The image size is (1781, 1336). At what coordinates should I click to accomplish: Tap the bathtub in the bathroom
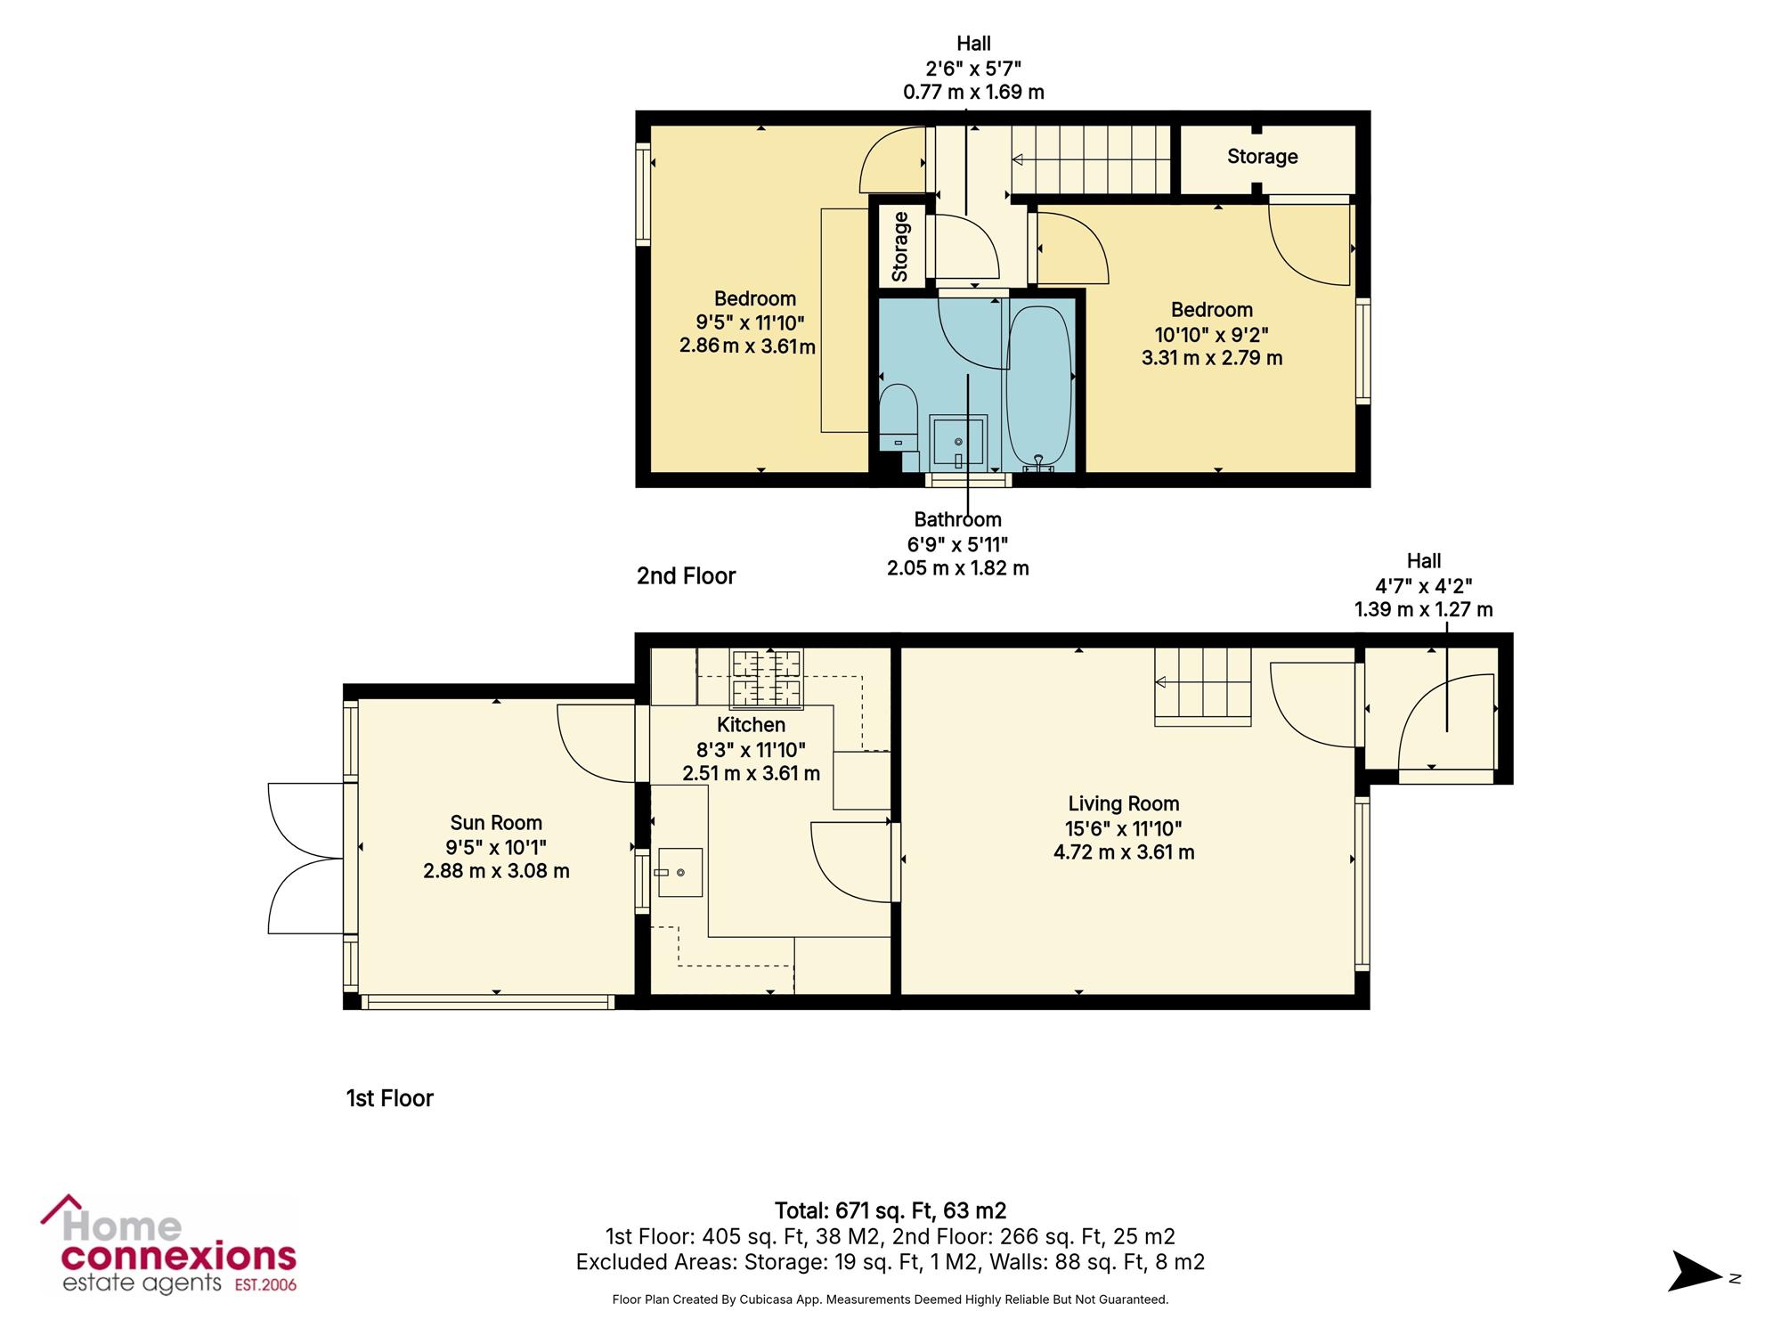point(1038,388)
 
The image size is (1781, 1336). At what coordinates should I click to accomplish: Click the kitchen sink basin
point(679,872)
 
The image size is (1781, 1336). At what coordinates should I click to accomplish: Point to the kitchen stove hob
point(767,680)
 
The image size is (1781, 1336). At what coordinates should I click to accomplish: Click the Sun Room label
point(496,823)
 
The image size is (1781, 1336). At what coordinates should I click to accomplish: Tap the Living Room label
point(1124,804)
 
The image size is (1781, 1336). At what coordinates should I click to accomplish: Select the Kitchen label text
point(752,725)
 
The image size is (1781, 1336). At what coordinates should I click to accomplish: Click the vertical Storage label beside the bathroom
point(900,247)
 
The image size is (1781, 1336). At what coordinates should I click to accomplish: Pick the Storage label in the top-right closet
point(1262,157)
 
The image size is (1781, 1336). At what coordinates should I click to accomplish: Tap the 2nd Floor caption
point(686,576)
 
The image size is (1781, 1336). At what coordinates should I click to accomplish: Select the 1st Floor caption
point(390,1098)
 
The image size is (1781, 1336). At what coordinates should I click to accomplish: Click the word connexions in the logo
point(178,1256)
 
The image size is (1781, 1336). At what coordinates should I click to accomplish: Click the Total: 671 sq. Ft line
point(890,1210)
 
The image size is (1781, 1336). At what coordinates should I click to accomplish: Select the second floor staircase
point(1091,159)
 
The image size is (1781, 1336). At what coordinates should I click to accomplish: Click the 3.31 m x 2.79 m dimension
point(1212,358)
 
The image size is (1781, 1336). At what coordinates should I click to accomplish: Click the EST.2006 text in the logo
point(265,1285)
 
